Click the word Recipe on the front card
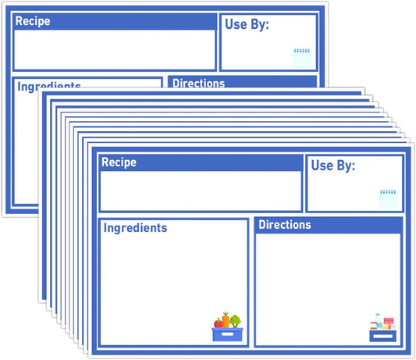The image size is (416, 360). tap(119, 162)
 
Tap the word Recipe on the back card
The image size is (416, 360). tap(33, 21)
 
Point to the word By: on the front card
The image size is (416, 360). tap(346, 166)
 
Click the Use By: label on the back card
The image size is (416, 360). tap(247, 24)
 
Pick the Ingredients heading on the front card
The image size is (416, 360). tap(135, 228)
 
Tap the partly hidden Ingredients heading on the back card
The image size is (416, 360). tap(49, 86)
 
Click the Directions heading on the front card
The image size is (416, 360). tap(285, 225)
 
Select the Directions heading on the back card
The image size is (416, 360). tap(199, 83)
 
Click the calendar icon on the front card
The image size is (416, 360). tap(388, 198)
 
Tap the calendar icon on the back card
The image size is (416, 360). tap(302, 58)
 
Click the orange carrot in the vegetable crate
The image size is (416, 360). tap(226, 319)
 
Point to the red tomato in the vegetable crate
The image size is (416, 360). tap(219, 323)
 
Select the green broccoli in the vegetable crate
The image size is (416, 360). tap(236, 321)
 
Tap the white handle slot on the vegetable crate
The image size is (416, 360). tap(227, 334)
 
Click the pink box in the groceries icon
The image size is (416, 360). tap(389, 321)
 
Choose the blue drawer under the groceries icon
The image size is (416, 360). tap(383, 336)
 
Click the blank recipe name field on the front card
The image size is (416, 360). tap(201, 191)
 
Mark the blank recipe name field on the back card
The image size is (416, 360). tap(115, 50)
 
